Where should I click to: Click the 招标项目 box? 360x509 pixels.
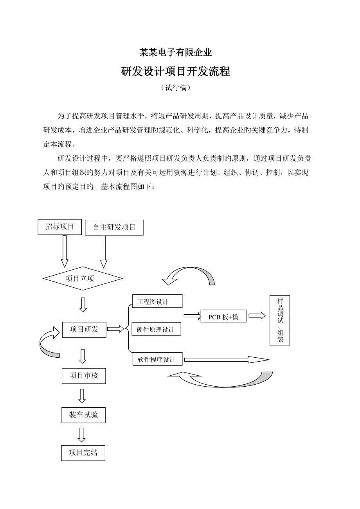[x=60, y=227]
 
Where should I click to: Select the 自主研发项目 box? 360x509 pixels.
[x=114, y=228]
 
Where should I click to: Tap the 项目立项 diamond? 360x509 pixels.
[x=83, y=278]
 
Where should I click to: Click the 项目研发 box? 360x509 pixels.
[x=84, y=330]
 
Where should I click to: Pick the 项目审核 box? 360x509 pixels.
[x=83, y=376]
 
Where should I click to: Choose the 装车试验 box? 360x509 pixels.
[x=83, y=415]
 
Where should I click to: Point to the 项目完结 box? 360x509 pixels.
[x=83, y=453]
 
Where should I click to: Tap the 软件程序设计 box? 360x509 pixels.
[x=157, y=359]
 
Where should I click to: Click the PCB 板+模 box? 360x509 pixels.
[x=223, y=316]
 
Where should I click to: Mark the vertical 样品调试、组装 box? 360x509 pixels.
[x=280, y=320]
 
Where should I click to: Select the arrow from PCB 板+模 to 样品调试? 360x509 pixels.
[x=257, y=315]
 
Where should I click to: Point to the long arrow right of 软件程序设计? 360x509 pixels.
[x=227, y=360]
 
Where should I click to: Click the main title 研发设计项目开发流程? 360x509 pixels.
[x=176, y=72]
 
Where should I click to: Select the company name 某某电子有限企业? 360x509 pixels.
[x=176, y=52]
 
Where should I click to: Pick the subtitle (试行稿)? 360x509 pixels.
[x=176, y=88]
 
